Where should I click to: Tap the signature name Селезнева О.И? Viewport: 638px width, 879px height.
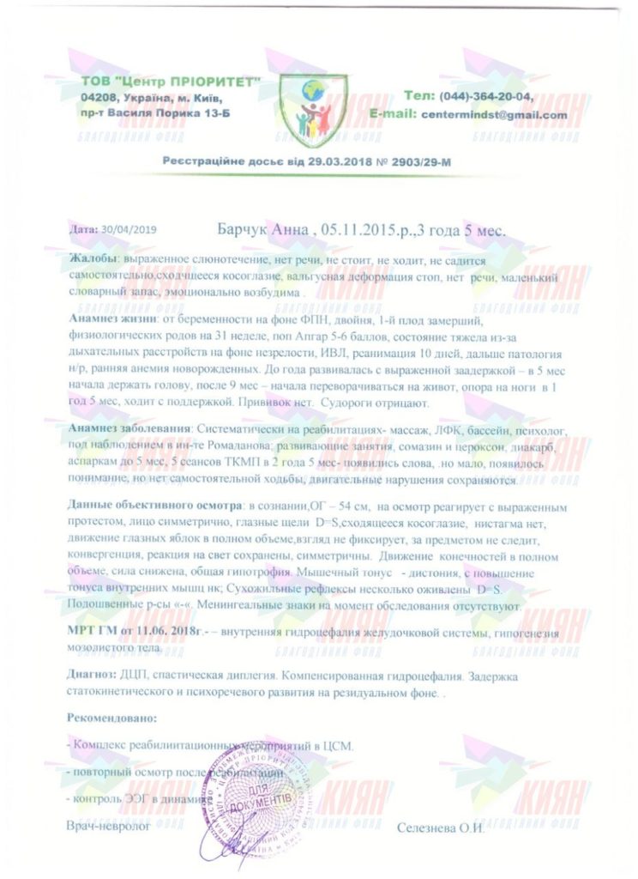click(x=441, y=827)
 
